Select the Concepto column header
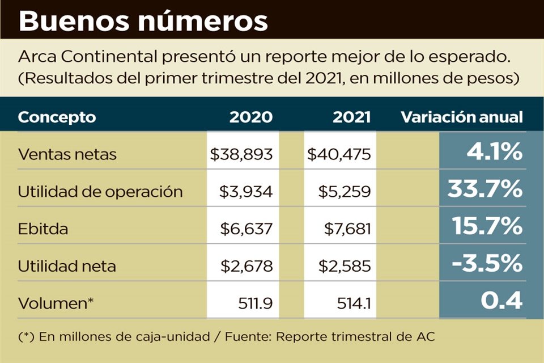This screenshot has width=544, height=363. click(x=57, y=117)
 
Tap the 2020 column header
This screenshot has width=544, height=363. click(x=250, y=117)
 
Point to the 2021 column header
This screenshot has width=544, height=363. click(x=351, y=117)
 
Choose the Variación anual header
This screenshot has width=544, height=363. click(x=461, y=117)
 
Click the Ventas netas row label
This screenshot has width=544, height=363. click(x=67, y=154)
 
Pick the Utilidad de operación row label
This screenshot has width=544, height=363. click(x=100, y=192)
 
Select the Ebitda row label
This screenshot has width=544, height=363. click(x=43, y=229)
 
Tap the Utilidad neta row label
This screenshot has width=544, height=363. click(x=67, y=266)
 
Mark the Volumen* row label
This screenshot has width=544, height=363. click(x=56, y=303)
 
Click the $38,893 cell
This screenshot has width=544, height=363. click(x=241, y=154)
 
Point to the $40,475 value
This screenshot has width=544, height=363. click(x=339, y=154)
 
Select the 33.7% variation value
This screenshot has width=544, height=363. click(x=484, y=190)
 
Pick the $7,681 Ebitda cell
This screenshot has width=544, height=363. click(x=347, y=229)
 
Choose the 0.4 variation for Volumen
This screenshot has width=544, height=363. click(x=501, y=301)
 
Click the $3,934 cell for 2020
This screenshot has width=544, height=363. click(x=246, y=192)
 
